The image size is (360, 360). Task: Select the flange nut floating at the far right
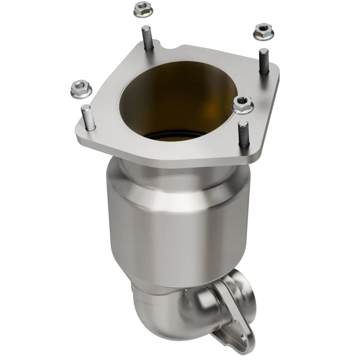[x=263, y=31]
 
